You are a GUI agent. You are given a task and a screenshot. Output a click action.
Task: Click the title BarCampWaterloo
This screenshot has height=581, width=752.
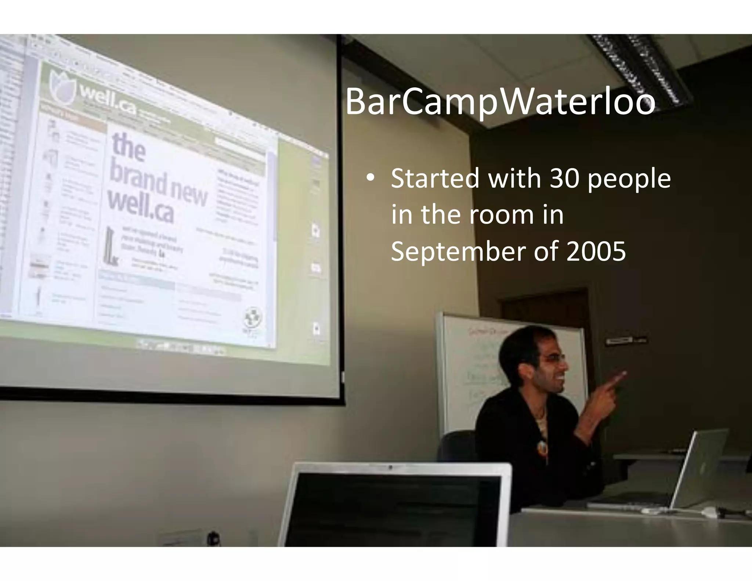click(500, 102)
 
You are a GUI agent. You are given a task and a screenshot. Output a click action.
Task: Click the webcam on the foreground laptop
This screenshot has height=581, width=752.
click(391, 468)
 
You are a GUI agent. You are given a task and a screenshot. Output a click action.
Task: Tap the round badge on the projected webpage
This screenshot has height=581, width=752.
click(254, 317)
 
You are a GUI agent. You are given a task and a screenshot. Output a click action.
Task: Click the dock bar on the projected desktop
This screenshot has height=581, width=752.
click(180, 347)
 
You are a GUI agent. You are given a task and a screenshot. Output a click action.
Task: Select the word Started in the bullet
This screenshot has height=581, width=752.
click(435, 178)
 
